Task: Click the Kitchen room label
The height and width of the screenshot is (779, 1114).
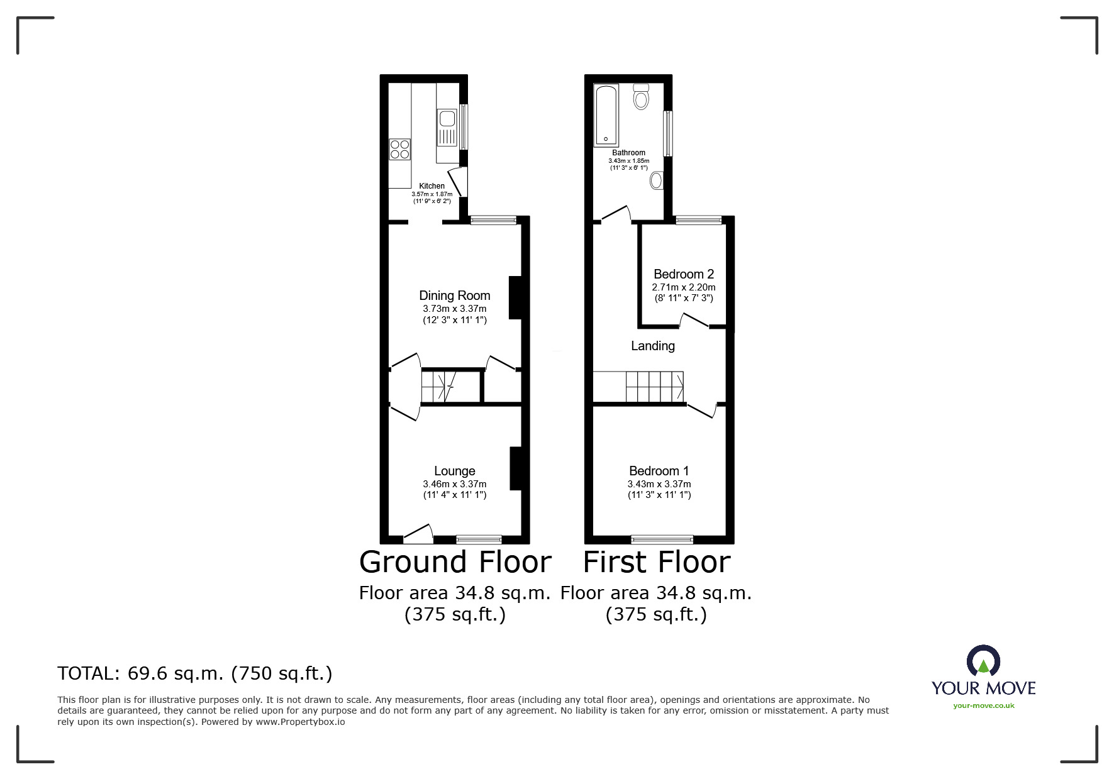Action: [432, 186]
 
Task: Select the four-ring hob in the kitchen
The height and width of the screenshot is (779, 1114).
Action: [399, 149]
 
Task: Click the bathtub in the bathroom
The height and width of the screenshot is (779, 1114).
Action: [606, 114]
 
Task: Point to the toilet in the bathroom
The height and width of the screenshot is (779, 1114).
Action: [641, 97]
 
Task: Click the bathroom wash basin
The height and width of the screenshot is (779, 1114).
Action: [656, 181]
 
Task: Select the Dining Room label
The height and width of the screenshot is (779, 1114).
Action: [454, 296]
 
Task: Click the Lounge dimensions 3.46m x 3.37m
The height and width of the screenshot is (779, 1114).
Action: [454, 484]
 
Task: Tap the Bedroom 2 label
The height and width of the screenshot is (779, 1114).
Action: [683, 274]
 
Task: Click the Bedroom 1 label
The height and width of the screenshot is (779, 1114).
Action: [659, 471]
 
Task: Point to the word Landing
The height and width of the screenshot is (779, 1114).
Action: [652, 346]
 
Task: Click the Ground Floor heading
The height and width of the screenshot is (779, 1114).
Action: [455, 562]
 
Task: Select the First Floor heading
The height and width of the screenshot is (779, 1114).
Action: [656, 562]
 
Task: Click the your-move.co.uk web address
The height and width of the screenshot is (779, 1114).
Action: [983, 705]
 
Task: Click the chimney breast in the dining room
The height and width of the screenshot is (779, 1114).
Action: [515, 297]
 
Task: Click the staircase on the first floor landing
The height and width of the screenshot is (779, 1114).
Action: [654, 386]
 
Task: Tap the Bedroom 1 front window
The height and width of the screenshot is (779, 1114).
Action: [662, 539]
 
